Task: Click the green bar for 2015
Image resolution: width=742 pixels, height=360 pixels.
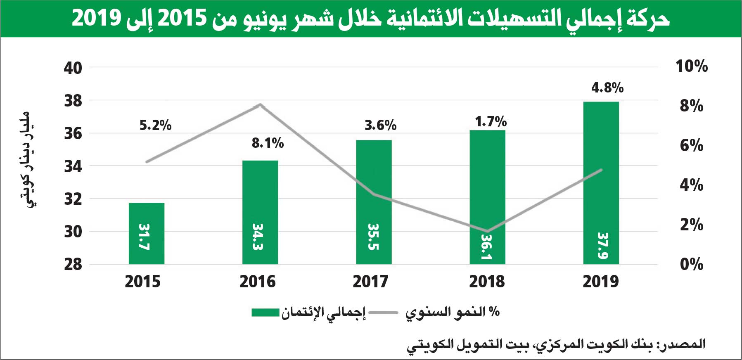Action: (147, 233)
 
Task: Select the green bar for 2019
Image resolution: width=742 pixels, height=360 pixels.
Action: (601, 182)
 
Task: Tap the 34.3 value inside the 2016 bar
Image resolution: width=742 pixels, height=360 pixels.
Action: (258, 237)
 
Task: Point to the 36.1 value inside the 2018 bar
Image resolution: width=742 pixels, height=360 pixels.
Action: (487, 247)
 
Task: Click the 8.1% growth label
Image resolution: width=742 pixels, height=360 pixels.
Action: (268, 143)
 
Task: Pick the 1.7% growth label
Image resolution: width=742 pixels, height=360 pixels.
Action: (491, 122)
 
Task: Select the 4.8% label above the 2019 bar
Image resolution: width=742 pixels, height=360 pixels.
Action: (607, 88)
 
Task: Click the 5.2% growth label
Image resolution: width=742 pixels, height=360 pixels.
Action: (155, 125)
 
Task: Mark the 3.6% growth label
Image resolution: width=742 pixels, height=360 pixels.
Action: (380, 125)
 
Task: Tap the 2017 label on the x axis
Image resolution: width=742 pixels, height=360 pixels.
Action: (370, 282)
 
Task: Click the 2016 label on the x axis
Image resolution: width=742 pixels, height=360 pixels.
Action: (257, 282)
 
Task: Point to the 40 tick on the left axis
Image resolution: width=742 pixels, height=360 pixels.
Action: (73, 68)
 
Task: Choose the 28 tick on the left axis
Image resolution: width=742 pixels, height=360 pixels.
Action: (73, 264)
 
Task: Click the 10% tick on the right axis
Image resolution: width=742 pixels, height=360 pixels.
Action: (691, 66)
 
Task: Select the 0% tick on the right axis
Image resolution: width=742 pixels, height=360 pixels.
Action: (691, 264)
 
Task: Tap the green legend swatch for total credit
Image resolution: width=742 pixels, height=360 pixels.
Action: (266, 313)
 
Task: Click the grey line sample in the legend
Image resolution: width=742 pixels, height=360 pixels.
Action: (383, 313)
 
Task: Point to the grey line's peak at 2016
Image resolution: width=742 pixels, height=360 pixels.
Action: (260, 104)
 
